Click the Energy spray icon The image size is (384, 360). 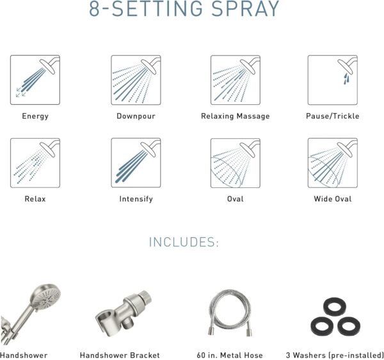[x=35, y=80]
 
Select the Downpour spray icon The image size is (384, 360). [x=136, y=80]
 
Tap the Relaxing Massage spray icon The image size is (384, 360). [x=236, y=80]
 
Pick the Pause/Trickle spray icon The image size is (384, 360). [x=333, y=80]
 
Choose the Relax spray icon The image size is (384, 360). [x=35, y=163]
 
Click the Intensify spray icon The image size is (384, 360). [x=136, y=163]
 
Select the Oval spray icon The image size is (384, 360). [x=236, y=163]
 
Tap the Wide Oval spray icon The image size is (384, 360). [x=333, y=163]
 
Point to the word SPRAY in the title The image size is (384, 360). [x=245, y=8]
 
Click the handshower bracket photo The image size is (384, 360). [x=124, y=314]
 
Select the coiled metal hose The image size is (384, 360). [x=230, y=313]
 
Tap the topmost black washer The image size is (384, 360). [x=335, y=306]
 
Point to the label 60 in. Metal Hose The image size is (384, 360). [x=230, y=355]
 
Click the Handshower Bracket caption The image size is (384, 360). [x=120, y=355]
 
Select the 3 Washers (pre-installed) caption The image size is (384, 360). [x=335, y=355]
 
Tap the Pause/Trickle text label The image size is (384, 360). [x=333, y=116]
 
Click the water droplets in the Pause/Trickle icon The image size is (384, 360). [x=346, y=79]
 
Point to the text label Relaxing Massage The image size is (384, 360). [x=236, y=116]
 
